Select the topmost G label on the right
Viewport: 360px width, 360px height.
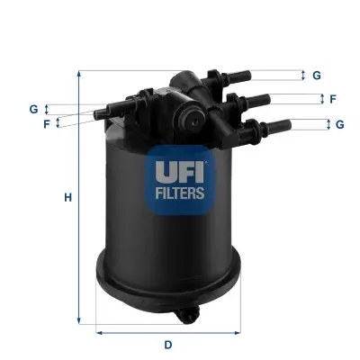317,76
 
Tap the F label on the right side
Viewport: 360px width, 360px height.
333,99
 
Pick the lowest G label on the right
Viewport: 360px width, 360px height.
340,124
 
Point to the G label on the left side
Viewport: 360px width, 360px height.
33,109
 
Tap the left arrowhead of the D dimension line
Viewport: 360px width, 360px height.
96,332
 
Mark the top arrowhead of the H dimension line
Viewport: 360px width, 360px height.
80,72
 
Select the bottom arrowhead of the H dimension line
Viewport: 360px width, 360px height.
80,321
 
